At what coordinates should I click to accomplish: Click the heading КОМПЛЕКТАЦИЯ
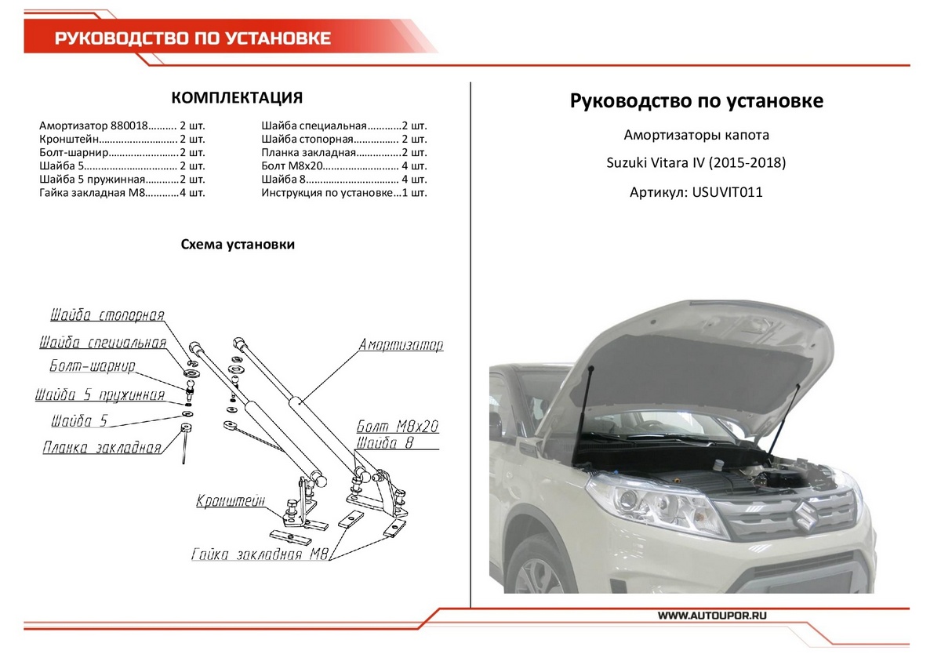point(237,98)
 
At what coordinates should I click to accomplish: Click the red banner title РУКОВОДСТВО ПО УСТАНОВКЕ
point(193,38)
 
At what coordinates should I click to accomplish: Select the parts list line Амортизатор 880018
point(122,126)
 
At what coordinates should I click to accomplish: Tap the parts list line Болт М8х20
point(344,167)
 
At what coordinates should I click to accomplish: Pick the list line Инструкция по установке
point(344,194)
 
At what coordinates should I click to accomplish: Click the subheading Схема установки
point(238,245)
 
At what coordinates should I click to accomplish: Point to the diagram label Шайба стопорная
point(107,315)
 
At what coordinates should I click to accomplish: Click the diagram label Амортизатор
point(401,345)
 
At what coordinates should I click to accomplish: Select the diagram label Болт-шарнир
point(92,366)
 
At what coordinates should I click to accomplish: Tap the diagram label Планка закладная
point(101,448)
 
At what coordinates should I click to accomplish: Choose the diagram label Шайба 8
point(383,444)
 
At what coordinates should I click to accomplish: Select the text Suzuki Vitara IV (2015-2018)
point(696,163)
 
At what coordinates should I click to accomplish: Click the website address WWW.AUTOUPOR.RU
point(711,616)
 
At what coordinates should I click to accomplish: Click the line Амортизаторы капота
point(696,135)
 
